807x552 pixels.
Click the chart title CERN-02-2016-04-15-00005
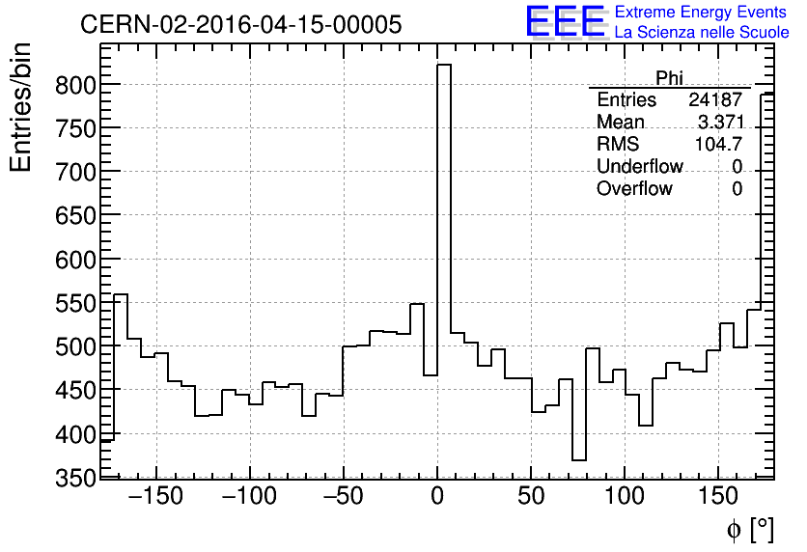click(x=240, y=25)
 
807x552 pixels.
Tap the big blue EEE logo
click(x=565, y=21)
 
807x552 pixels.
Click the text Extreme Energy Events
click(x=702, y=13)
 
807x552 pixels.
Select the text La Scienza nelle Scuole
click(x=702, y=32)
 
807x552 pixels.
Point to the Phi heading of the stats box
click(x=669, y=78)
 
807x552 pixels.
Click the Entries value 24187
click(x=714, y=100)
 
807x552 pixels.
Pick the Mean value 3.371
click(x=719, y=123)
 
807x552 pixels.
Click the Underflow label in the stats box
click(x=639, y=167)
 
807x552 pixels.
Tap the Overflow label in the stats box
click(x=634, y=189)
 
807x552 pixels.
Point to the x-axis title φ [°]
click(x=750, y=530)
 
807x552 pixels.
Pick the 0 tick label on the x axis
click(x=437, y=499)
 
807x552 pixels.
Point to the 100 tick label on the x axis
click(x=626, y=499)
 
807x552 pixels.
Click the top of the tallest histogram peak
click(x=444, y=66)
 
